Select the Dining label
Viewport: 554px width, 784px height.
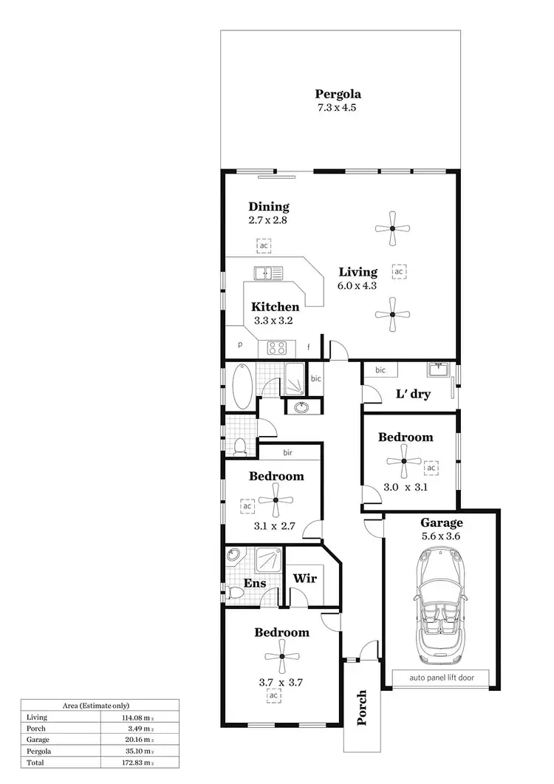click(x=269, y=207)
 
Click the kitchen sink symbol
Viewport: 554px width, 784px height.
click(x=268, y=273)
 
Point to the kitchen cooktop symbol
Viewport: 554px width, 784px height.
click(x=276, y=347)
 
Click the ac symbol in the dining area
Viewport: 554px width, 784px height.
click(x=263, y=245)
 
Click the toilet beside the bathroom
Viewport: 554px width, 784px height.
click(x=240, y=446)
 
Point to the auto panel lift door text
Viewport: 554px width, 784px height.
click(x=440, y=676)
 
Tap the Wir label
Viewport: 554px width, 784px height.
click(x=305, y=578)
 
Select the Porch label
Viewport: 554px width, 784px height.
click(x=361, y=707)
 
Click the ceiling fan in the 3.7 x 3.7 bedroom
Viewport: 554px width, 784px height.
click(x=282, y=658)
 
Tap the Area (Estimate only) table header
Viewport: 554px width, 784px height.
click(x=99, y=706)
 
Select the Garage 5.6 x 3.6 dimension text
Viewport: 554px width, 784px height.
click(x=440, y=537)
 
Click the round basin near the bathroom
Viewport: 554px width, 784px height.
click(x=301, y=406)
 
